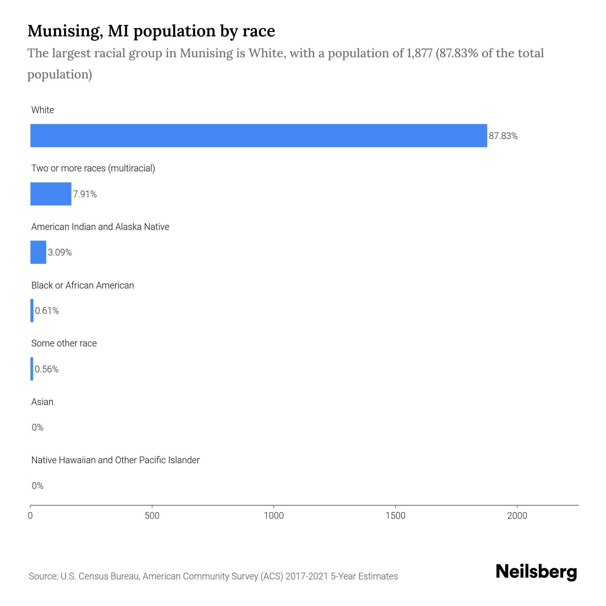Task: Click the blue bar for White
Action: (259, 135)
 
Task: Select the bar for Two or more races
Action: (51, 194)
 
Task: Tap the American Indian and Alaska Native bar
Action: (38, 252)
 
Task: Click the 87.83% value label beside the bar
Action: (503, 136)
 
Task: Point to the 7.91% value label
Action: (85, 194)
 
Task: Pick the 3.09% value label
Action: (60, 252)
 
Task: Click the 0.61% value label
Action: (47, 311)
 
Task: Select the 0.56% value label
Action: (46, 369)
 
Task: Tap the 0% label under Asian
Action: (37, 428)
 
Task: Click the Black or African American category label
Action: (82, 285)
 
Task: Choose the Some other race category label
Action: (64, 343)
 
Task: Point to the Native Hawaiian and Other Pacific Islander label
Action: (115, 460)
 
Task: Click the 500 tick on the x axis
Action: (152, 516)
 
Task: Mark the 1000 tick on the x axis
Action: (274, 516)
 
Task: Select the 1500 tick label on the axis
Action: (395, 516)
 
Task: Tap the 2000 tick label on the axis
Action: (517, 516)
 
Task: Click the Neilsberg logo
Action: (536, 572)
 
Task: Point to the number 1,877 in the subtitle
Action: (419, 53)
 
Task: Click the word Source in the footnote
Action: (42, 576)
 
